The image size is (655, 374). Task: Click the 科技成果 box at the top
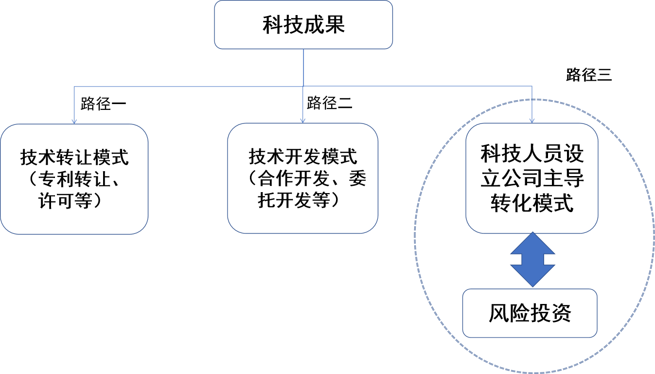(x=303, y=24)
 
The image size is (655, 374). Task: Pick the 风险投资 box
(x=530, y=313)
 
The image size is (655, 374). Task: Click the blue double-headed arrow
(x=532, y=260)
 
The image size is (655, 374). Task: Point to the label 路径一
(x=104, y=104)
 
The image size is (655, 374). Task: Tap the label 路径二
(x=330, y=103)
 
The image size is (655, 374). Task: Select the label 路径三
(x=588, y=75)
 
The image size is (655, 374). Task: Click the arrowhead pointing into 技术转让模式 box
(x=74, y=121)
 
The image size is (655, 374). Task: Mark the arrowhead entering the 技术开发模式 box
(x=303, y=120)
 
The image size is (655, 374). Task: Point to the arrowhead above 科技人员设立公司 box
(x=532, y=120)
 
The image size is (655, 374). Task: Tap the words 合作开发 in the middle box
(x=294, y=179)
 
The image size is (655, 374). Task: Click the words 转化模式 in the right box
(x=532, y=203)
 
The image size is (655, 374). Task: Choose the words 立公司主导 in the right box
(x=532, y=179)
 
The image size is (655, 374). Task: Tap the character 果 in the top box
(x=335, y=24)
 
